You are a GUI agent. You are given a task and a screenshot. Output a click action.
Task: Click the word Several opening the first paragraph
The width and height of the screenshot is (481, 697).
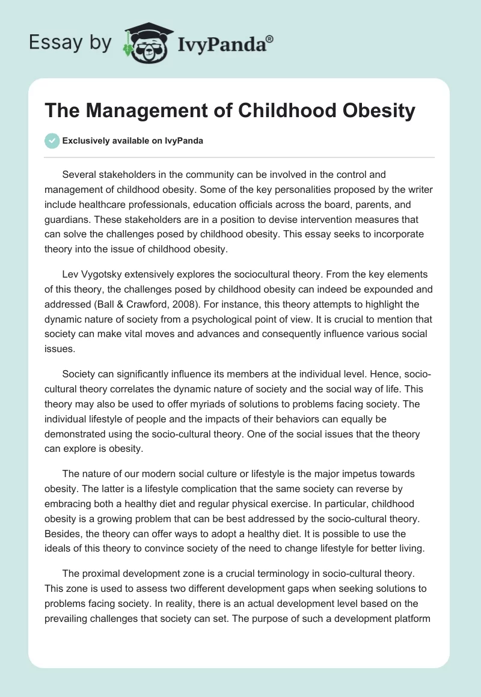point(80,175)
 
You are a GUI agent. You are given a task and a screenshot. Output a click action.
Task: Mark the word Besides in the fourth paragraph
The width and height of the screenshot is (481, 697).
point(64,518)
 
